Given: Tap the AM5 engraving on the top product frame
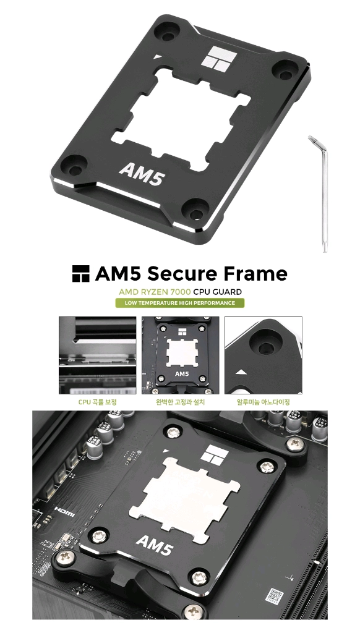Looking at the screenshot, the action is tap(142, 174).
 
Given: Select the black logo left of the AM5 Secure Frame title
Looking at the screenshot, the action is tap(80, 273).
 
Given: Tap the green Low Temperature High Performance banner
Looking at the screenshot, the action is tap(180, 303).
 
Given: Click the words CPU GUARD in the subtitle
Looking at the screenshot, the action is tap(217, 292).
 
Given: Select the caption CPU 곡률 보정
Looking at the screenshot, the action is tap(97, 402).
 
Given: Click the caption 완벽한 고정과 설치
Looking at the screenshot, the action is tap(180, 402).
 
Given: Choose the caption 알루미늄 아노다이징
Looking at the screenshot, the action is tap(263, 402).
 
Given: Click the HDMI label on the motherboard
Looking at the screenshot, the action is tap(65, 512).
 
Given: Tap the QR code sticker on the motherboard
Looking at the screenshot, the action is tap(275, 596).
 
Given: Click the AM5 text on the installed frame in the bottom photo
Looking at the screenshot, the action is tap(155, 545).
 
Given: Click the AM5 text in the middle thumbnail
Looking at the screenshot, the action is tap(182, 373).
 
